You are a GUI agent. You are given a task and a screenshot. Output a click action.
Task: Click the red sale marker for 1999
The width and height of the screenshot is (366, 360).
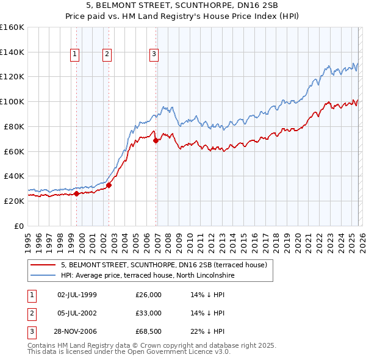(x=77, y=193)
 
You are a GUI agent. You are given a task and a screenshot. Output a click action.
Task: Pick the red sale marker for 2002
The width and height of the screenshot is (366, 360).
(x=109, y=185)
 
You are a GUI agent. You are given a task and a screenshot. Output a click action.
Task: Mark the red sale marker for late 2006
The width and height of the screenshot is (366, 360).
(x=156, y=140)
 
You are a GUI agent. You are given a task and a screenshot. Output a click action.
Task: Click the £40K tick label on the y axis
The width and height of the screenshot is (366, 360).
(x=14, y=176)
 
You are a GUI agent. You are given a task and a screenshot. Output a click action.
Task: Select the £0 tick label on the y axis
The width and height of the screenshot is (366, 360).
(x=19, y=226)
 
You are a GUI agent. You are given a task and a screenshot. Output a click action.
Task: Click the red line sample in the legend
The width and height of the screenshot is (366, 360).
(x=43, y=265)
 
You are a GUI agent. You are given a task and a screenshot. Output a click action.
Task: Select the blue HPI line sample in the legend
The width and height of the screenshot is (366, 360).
(x=43, y=276)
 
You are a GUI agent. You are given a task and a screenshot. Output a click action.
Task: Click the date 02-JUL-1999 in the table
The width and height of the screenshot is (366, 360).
(x=76, y=295)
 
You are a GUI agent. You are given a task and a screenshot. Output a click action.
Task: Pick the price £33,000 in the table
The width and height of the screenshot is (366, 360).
(x=148, y=313)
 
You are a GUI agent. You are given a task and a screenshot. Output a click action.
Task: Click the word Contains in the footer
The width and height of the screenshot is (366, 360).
(x=42, y=345)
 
